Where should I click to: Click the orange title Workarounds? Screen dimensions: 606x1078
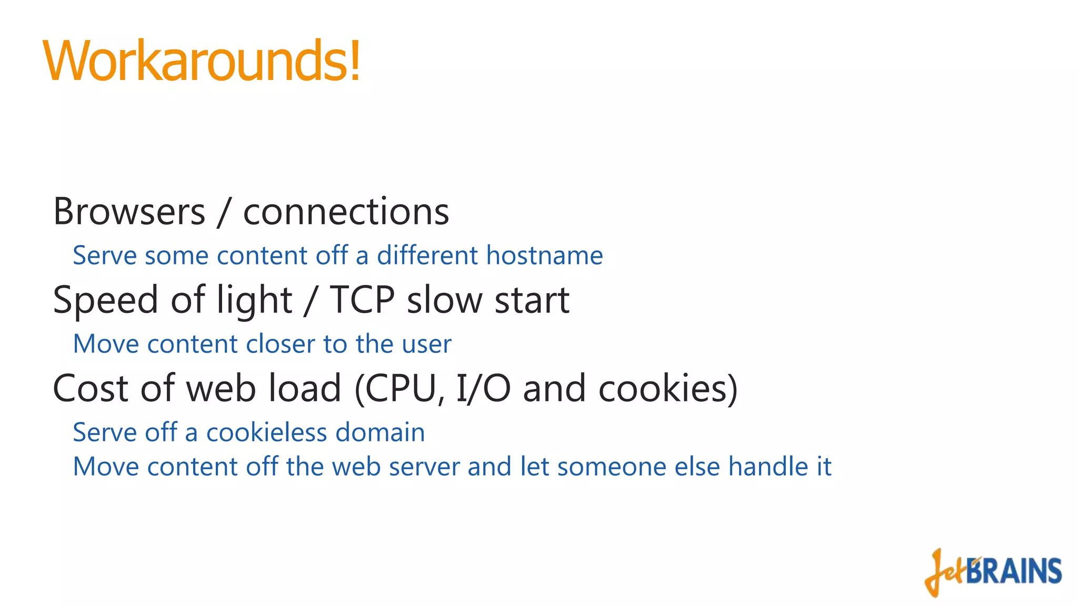click(202, 61)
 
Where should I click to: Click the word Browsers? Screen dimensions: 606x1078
click(129, 212)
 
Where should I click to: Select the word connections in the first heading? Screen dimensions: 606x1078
click(346, 212)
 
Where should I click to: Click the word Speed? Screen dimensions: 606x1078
click(106, 300)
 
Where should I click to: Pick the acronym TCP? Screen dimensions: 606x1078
click(362, 300)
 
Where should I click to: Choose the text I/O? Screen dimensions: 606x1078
click(483, 389)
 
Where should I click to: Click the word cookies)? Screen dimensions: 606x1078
click(668, 389)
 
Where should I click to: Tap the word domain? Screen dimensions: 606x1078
click(380, 432)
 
